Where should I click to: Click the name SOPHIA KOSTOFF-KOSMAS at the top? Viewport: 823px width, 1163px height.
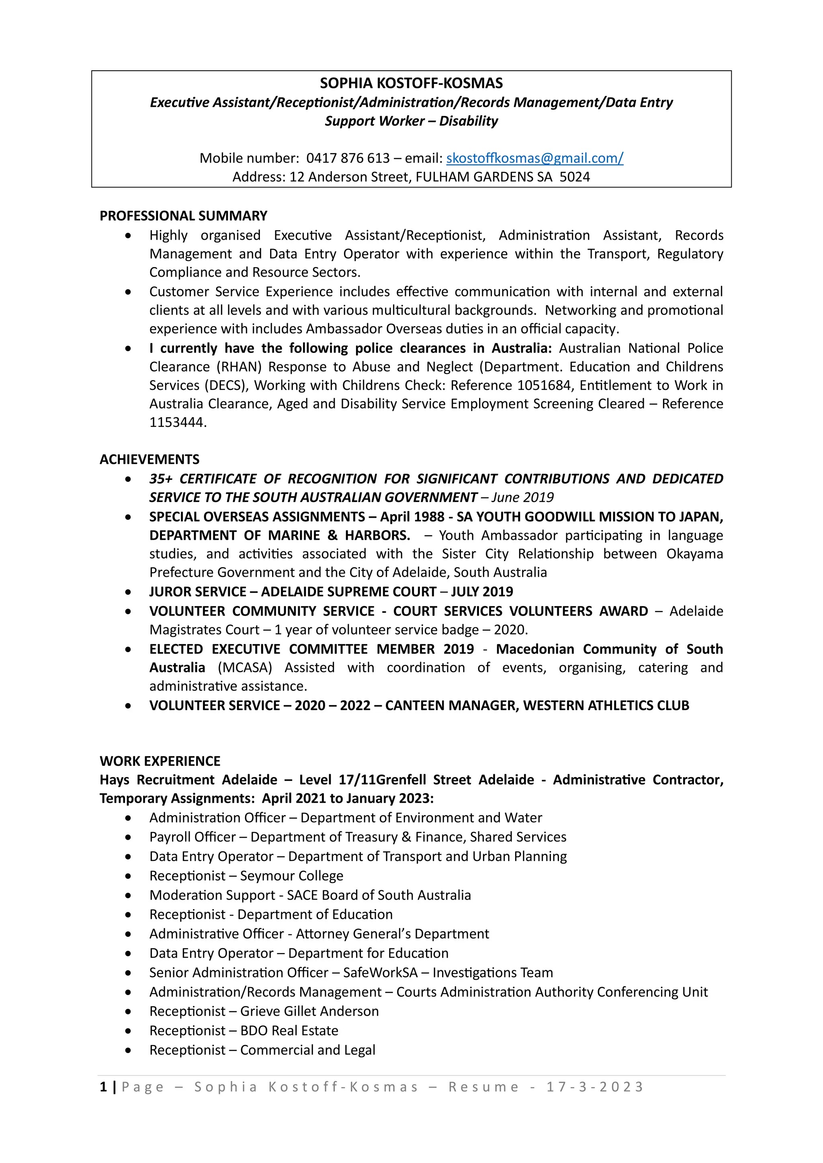coord(411,83)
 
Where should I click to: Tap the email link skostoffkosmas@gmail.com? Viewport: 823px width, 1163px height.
coord(534,158)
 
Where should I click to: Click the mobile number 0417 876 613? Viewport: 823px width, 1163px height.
coord(348,158)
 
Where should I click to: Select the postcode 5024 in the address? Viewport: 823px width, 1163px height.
coord(575,177)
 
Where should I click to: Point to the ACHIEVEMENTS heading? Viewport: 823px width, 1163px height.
coord(149,459)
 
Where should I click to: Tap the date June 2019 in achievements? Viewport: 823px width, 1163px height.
coord(522,498)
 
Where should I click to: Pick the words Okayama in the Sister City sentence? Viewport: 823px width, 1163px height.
coord(694,554)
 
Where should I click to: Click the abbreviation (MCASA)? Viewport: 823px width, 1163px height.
coord(245,667)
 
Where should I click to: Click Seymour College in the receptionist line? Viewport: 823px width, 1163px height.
coord(291,876)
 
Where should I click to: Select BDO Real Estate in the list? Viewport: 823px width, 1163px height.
coord(289,1031)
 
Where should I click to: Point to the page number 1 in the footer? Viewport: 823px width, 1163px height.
coord(103,1087)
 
